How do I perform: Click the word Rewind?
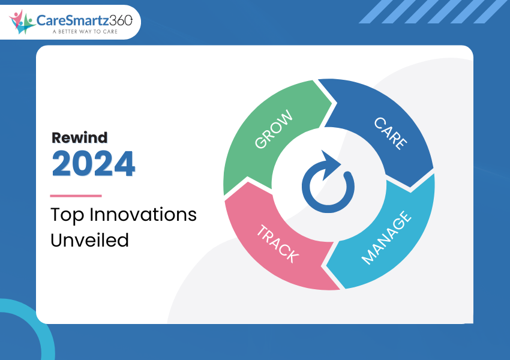tap(79, 138)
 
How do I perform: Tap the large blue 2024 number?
tap(94, 164)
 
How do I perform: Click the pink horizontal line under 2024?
tap(76, 196)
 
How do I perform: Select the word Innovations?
tap(143, 215)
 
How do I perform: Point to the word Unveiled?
tap(90, 240)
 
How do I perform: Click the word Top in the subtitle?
tap(67, 215)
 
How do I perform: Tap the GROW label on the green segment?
tap(274, 129)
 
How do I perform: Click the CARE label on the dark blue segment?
tap(391, 133)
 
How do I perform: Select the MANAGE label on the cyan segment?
tap(387, 238)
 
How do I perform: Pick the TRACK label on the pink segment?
tap(277, 244)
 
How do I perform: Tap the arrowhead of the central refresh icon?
tap(331, 164)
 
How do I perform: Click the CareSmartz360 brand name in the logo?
tap(84, 20)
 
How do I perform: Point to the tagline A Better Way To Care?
tap(85, 32)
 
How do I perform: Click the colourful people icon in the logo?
tap(22, 22)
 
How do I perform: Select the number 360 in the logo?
tap(121, 20)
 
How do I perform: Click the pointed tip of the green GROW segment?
tap(332, 103)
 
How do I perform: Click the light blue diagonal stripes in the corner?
tap(433, 12)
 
